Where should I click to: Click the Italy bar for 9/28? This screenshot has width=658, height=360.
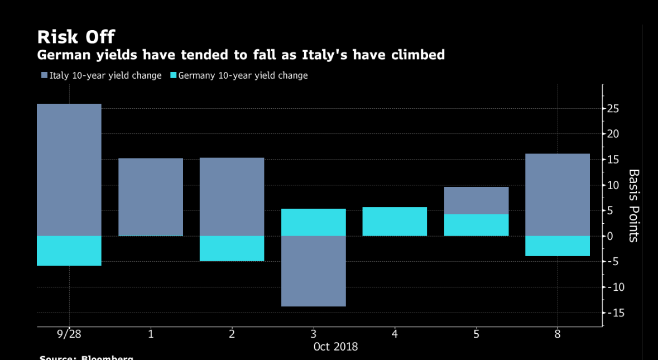[x=69, y=170]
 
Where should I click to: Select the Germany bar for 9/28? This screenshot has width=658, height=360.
[x=69, y=251]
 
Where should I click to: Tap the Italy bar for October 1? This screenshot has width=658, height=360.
[x=151, y=197]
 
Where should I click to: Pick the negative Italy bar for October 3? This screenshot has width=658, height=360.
[x=313, y=271]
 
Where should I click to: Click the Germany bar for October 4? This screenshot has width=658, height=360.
[x=395, y=222]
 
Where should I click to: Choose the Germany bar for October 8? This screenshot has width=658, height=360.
[x=558, y=246]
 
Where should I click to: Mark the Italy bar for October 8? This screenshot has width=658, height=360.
[x=558, y=195]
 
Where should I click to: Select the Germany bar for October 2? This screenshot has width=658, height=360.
[x=232, y=248]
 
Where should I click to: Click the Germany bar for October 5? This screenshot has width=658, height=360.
[x=476, y=225]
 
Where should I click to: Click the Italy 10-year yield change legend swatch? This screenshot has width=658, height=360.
[x=45, y=75]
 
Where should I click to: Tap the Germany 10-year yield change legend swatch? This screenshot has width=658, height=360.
[x=173, y=75]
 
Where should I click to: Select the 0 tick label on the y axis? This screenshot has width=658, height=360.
[x=611, y=236]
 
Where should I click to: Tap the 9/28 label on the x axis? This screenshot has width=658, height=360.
[x=69, y=334]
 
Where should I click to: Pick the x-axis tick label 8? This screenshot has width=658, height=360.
[x=558, y=334]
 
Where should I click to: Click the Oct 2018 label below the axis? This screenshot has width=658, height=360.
[x=335, y=347]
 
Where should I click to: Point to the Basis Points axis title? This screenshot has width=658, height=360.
[x=633, y=205]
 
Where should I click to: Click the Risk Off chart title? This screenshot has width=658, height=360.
[x=76, y=37]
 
